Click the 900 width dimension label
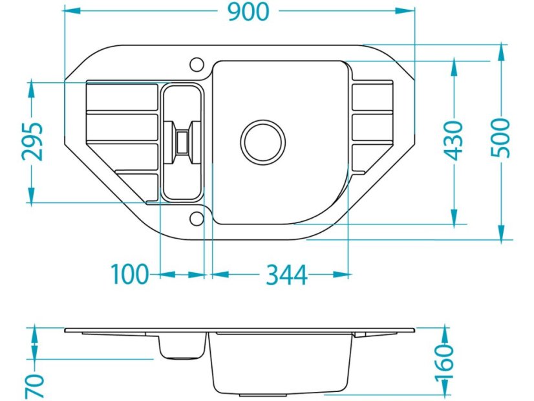coord(249,12)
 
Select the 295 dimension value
coord(33,141)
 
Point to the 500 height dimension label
coord(501,138)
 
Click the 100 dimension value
coord(130,274)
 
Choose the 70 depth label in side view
coord(35,386)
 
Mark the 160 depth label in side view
coord(445,362)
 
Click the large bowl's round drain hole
coord(263,142)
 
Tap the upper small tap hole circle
coord(197,64)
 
